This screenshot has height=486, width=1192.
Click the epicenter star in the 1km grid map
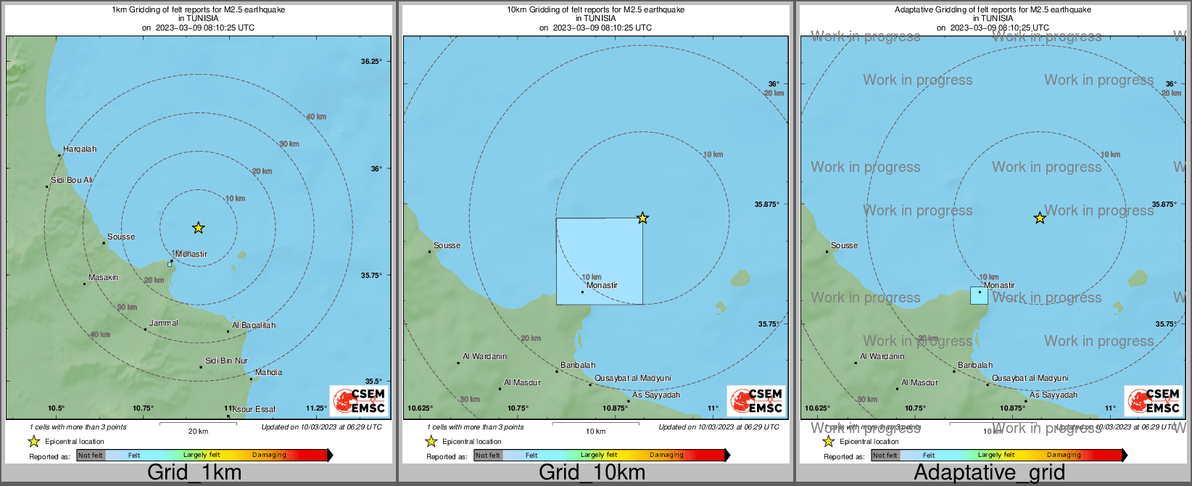(x=198, y=228)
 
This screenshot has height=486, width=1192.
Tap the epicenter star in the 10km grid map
(x=642, y=218)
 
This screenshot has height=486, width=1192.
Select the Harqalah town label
(x=79, y=149)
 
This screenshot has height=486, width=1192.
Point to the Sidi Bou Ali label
(x=72, y=180)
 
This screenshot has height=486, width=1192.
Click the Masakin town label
(x=103, y=278)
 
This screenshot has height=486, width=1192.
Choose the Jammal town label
(x=163, y=324)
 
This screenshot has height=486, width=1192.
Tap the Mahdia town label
(x=268, y=373)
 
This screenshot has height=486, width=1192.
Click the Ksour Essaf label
(x=254, y=410)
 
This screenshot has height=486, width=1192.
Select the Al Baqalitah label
(x=254, y=326)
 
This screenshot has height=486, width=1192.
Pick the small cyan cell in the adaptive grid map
(x=979, y=295)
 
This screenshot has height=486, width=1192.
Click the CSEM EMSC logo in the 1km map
(x=359, y=400)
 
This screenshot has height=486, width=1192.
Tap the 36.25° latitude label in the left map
(x=371, y=62)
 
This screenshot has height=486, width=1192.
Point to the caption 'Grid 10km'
(x=592, y=472)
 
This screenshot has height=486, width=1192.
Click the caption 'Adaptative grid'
(x=989, y=472)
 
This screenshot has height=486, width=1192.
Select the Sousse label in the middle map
(x=447, y=246)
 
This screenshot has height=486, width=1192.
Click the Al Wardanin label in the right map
(x=882, y=357)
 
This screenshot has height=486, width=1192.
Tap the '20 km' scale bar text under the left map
(x=198, y=432)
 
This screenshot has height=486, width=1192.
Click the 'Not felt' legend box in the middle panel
(x=488, y=456)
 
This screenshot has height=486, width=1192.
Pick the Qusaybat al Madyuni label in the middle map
(x=632, y=379)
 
